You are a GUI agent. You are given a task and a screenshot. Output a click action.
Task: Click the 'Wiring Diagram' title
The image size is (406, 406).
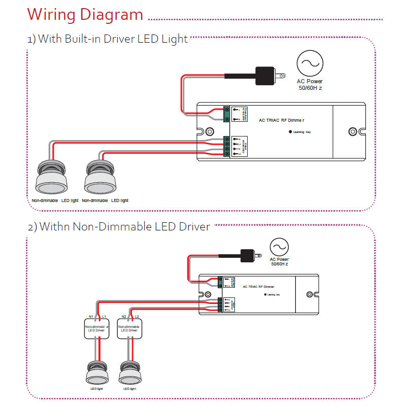click(x=85, y=14)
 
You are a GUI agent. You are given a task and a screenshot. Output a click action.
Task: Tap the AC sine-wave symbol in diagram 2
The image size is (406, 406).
click(x=279, y=247)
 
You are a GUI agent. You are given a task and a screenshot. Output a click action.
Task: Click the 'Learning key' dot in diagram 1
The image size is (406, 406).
click(x=290, y=132)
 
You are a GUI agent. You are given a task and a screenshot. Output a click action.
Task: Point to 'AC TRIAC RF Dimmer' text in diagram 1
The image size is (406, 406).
click(x=285, y=120)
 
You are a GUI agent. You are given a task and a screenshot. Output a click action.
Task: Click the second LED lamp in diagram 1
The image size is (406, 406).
click(x=99, y=178)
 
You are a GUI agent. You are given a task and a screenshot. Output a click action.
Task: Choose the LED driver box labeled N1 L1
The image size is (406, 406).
click(x=95, y=329)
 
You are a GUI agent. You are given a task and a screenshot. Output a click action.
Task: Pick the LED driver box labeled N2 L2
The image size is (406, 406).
click(x=129, y=329)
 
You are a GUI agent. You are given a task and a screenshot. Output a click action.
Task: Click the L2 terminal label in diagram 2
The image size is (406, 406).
click(x=137, y=316)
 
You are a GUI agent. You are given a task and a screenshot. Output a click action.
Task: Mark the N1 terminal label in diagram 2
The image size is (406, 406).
click(x=91, y=316)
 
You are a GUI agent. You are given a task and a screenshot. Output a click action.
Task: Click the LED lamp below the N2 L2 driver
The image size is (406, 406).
click(x=129, y=373)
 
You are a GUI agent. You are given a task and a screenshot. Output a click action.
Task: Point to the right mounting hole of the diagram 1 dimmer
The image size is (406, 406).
click(x=353, y=132)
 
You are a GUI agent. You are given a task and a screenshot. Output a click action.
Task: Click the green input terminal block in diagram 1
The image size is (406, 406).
click(x=226, y=114)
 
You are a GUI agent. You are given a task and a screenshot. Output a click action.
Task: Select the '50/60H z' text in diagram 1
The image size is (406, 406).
click(x=310, y=88)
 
